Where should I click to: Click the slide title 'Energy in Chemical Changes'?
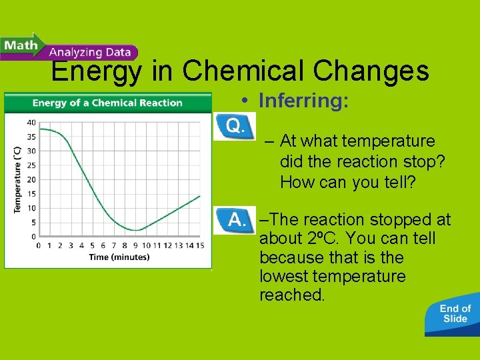(x=240, y=71)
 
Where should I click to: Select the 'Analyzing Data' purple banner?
(x=89, y=52)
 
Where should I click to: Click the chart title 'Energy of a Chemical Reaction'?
(x=107, y=103)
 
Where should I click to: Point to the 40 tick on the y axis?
(x=31, y=123)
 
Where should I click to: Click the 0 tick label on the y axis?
(x=33, y=237)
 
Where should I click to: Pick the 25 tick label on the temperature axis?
(x=31, y=165)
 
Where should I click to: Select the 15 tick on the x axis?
(x=199, y=246)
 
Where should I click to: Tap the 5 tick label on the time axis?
(x=93, y=246)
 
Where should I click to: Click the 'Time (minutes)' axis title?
(x=119, y=257)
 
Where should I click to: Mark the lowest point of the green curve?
(x=135, y=231)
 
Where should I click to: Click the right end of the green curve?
(x=200, y=195)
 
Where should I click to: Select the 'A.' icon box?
(x=233, y=220)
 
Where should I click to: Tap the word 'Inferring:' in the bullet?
(x=303, y=101)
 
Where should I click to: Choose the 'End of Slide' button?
(x=455, y=313)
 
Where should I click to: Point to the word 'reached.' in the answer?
(x=292, y=295)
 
